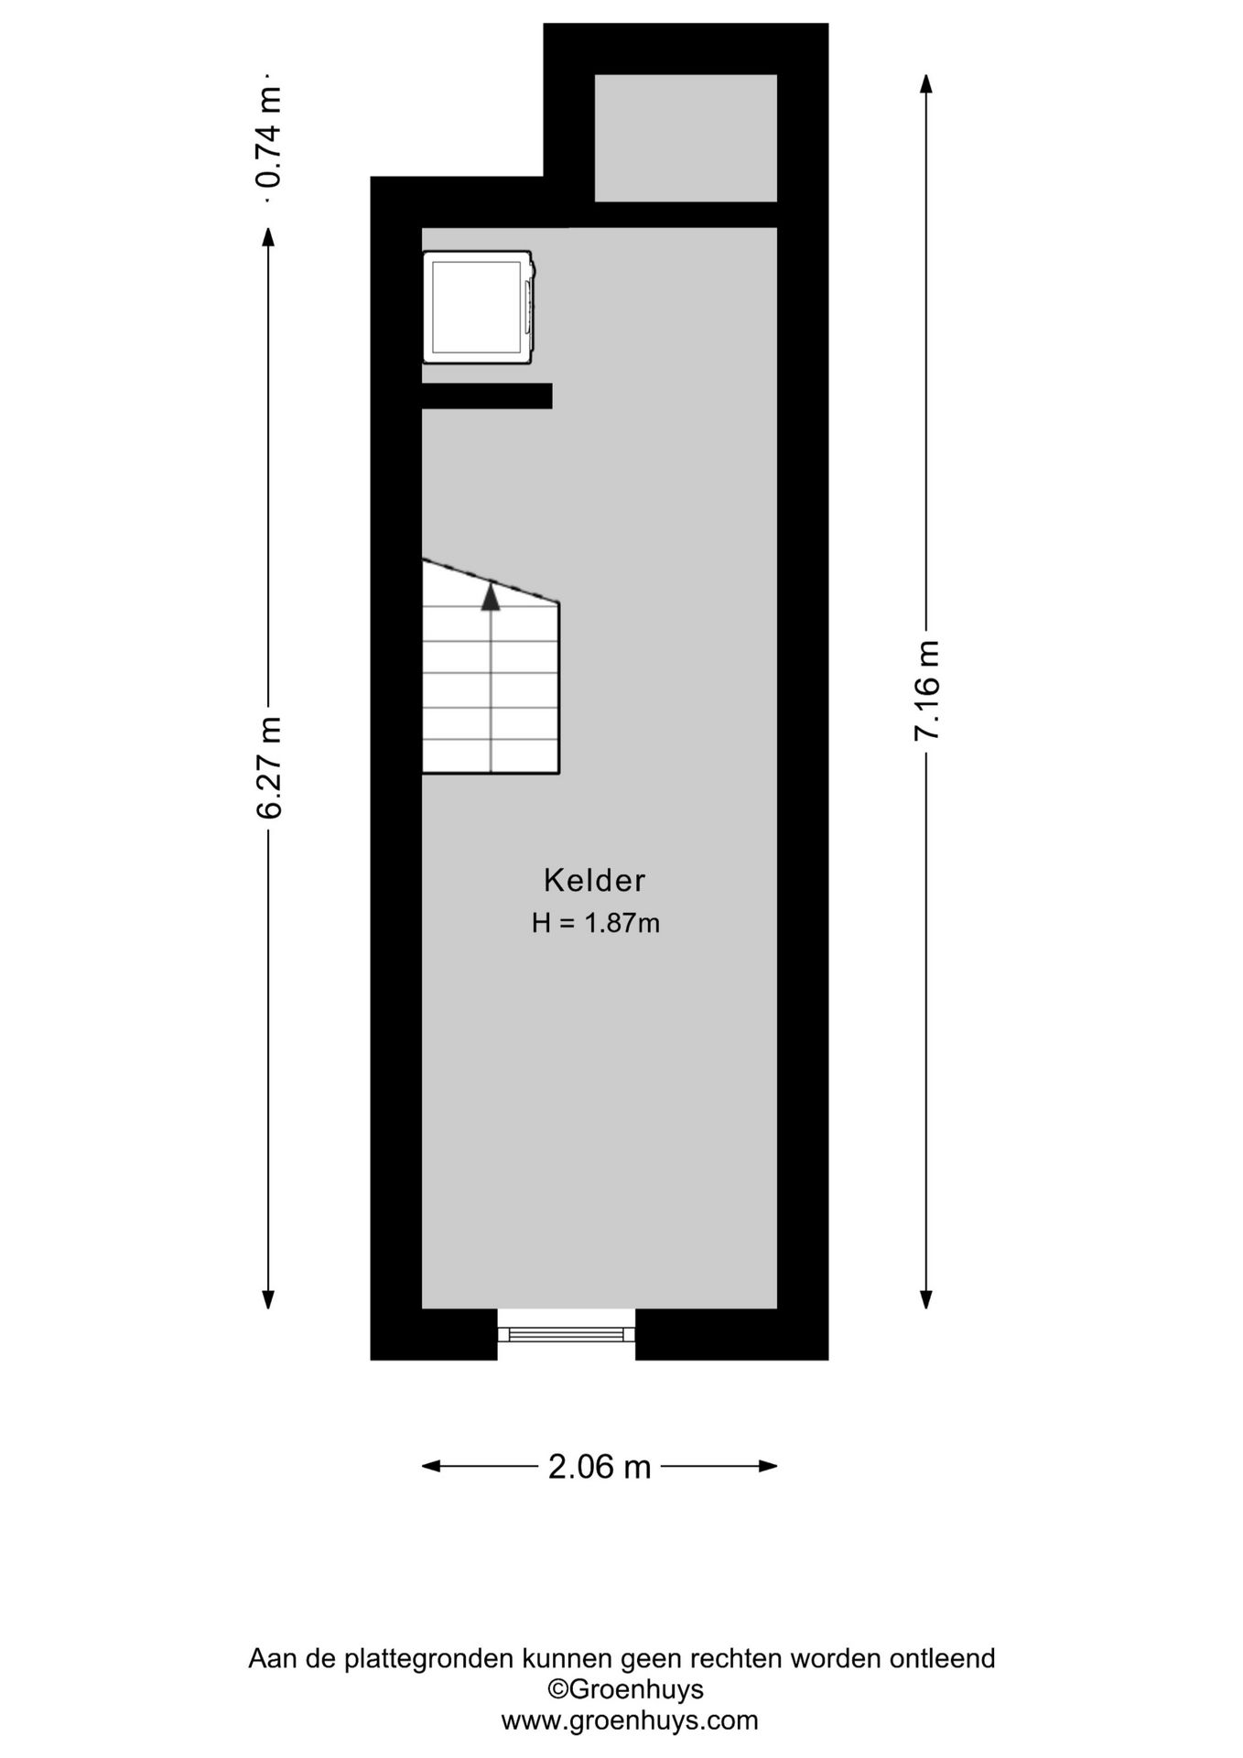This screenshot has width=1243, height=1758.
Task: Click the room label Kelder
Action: click(x=595, y=880)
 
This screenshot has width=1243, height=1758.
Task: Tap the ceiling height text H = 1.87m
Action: click(x=596, y=923)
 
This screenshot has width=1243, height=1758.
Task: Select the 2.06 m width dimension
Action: click(x=600, y=1467)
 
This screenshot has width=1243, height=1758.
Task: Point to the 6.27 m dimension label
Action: click(x=269, y=767)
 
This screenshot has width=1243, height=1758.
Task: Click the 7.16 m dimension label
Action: click(x=927, y=690)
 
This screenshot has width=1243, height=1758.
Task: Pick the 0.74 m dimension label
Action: click(x=269, y=136)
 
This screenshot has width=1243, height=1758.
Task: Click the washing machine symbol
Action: click(x=479, y=307)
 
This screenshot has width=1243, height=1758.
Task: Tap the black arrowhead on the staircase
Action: click(x=492, y=597)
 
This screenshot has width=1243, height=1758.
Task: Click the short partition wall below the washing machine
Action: click(x=487, y=396)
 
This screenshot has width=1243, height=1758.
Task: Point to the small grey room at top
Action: click(x=686, y=137)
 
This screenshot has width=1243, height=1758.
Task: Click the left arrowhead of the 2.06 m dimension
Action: click(x=431, y=1466)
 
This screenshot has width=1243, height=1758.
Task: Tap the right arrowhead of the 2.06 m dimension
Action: click(x=768, y=1466)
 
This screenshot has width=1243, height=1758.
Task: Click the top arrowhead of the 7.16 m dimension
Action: click(x=926, y=83)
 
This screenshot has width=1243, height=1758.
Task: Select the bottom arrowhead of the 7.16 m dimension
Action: click(x=926, y=1299)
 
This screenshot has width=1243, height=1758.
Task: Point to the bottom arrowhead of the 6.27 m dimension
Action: click(x=268, y=1299)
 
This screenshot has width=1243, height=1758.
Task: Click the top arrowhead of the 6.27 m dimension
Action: click(x=268, y=237)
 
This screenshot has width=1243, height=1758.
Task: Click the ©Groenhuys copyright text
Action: click(x=626, y=1689)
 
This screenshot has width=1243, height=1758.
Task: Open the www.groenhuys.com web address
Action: click(x=630, y=1720)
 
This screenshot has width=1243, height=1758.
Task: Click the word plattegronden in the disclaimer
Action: click(x=429, y=1659)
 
